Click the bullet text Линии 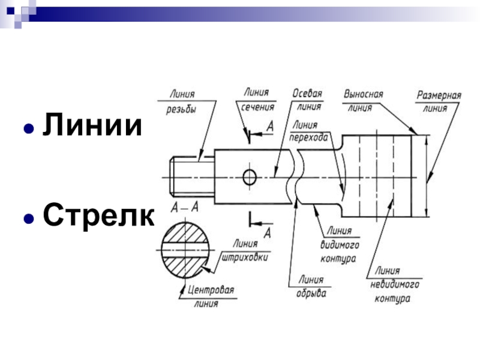coord(92,127)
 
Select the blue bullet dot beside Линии coord(28,129)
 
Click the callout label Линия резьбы coord(182,101)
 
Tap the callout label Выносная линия coord(363,101)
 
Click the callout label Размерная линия coord(439,102)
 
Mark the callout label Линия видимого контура coord(339,245)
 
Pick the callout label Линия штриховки coord(245,250)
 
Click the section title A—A coord(184,207)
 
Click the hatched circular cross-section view coord(185,249)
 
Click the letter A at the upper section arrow coord(269,127)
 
